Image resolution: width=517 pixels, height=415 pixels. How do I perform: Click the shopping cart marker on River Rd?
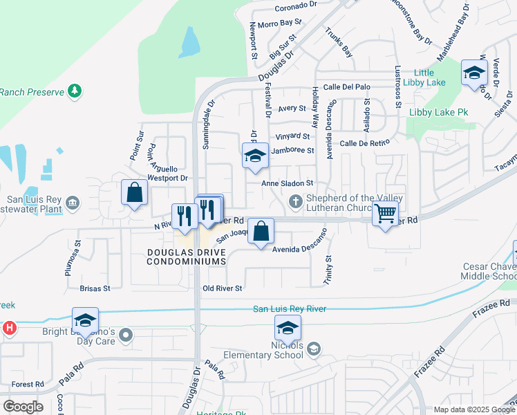[x=385, y=214]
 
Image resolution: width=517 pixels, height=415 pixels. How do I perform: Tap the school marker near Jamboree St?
[x=255, y=156]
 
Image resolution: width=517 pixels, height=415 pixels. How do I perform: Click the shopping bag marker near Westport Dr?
[x=134, y=193]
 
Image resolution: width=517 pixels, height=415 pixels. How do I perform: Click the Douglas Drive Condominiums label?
[x=187, y=257]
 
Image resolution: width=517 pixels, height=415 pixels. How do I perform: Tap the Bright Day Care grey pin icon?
[x=125, y=335]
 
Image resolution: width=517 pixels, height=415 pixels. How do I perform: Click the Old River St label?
[x=222, y=288]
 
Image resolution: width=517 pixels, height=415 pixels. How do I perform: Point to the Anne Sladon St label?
[x=288, y=183]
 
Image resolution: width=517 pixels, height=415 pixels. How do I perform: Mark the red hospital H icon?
[x=10, y=328]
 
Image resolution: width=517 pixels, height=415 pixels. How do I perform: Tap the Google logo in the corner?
[x=23, y=406]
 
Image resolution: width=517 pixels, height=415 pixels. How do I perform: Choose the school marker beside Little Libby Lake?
[x=473, y=73]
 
